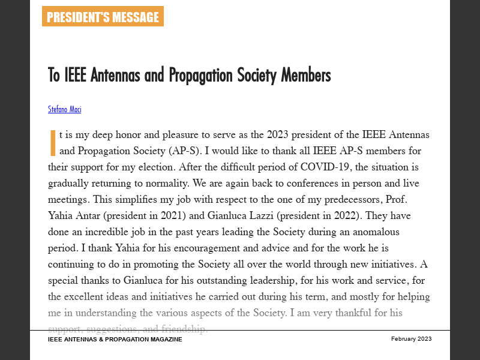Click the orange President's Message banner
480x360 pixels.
coord(103,17)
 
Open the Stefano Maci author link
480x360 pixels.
coord(64,109)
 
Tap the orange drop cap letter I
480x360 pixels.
coord(52,143)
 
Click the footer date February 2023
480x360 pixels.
coord(411,339)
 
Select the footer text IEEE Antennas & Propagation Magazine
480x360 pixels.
coord(115,339)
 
